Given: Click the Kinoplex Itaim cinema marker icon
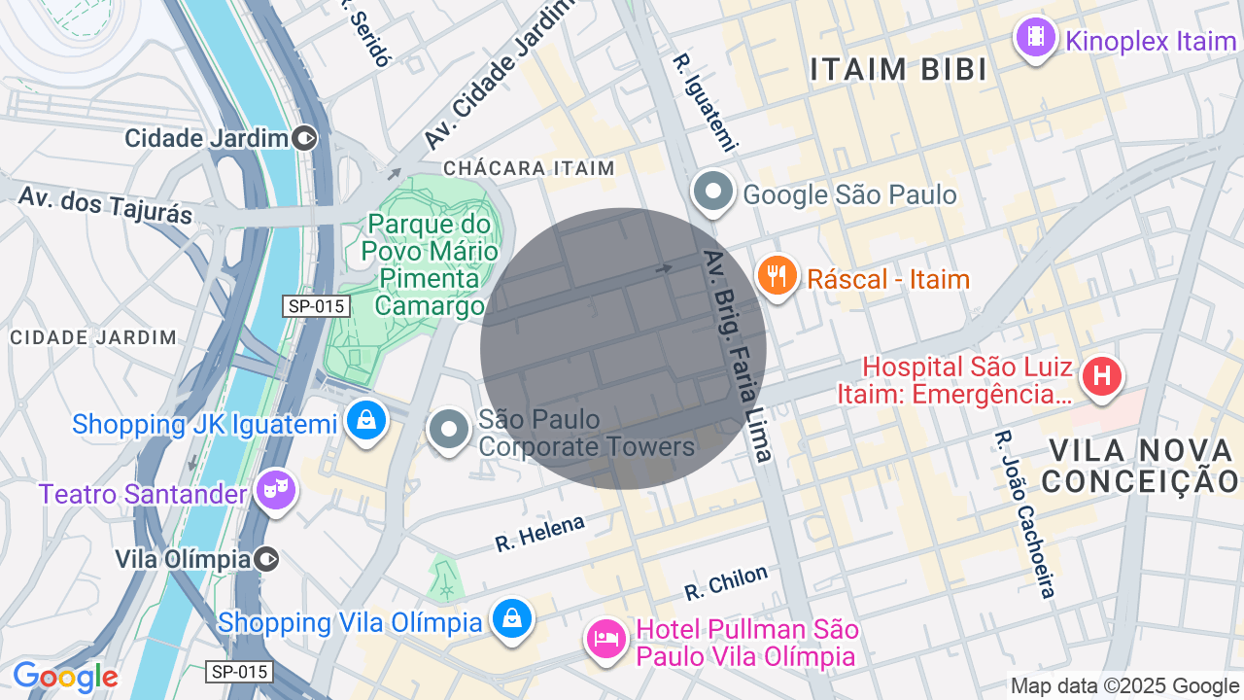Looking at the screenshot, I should click(1035, 38).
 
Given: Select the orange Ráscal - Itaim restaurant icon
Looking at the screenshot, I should click(777, 276).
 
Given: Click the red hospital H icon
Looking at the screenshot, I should click(1102, 376).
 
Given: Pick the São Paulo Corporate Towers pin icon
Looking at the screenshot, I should click(449, 429).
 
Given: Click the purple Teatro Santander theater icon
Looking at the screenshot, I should click(275, 491).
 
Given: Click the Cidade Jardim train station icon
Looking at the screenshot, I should click(305, 138).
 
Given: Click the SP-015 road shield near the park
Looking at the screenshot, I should click(317, 306).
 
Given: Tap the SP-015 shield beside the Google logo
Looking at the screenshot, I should click(239, 672).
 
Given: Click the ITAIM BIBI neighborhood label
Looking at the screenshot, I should click(899, 70).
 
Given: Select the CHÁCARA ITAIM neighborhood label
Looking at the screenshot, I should click(529, 168).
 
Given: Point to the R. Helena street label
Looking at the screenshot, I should click(539, 533).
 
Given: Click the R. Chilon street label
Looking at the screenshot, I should click(725, 582).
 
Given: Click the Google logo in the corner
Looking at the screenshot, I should click(65, 677).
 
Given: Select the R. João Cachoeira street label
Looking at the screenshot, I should click(1024, 513).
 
